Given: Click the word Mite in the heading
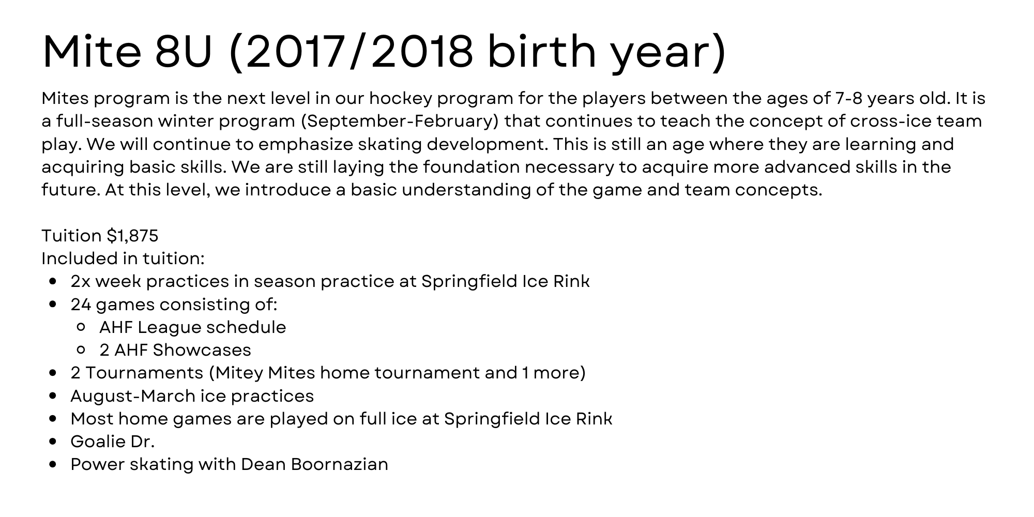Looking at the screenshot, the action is (x=92, y=52).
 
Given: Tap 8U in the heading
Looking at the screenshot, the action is (x=184, y=52).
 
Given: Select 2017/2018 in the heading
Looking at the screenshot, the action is (x=359, y=52).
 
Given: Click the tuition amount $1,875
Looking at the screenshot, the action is (x=132, y=236).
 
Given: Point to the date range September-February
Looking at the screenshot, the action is (x=399, y=121).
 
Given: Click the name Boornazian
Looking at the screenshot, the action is (x=339, y=464).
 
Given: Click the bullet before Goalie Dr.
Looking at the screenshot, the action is (x=52, y=442).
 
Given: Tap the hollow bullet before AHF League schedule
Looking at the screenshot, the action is (x=81, y=327).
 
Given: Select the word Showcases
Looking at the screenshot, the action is (x=202, y=350).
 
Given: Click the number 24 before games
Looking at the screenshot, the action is (x=81, y=305).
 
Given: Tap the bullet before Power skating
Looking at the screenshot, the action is (x=52, y=465).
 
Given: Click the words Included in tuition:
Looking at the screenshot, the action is (x=123, y=258).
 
